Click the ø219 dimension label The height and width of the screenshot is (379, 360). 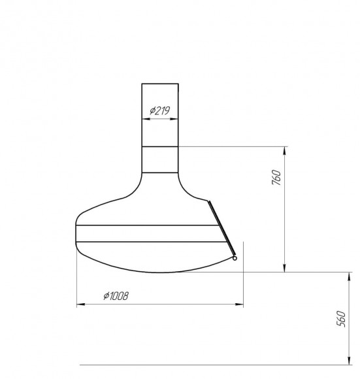[x=159, y=110]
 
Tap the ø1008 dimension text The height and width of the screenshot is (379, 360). [x=116, y=295]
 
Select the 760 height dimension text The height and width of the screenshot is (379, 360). [x=276, y=178]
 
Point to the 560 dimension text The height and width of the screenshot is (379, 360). [x=341, y=319]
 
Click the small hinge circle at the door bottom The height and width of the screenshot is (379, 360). [x=235, y=258]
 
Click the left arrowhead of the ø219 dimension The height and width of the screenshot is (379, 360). [x=146, y=119]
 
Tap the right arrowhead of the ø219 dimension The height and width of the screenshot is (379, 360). [x=174, y=119]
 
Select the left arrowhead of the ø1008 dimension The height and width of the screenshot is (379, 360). [x=81, y=304]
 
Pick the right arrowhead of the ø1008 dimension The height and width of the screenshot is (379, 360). [x=239, y=304]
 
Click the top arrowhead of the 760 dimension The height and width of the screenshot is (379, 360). [x=285, y=151]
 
